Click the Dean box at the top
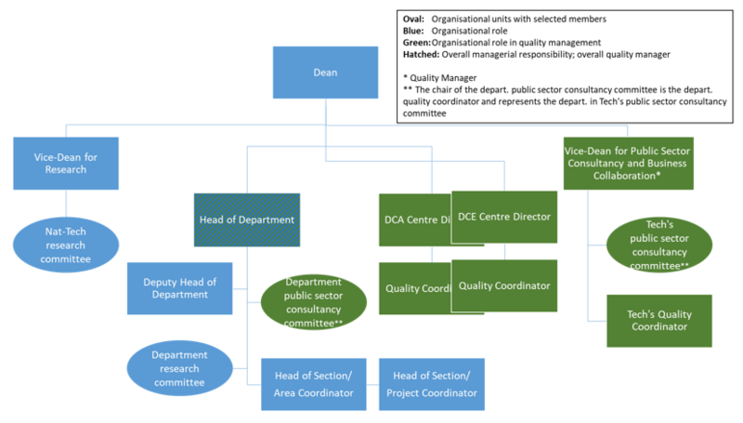325,72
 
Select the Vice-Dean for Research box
65,163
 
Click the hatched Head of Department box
247,219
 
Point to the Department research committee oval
179,367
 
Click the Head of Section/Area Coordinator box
314,385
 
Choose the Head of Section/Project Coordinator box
432,385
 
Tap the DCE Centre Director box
503,217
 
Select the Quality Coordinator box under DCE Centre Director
503,285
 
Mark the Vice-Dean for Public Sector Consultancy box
633,163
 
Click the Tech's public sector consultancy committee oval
659,245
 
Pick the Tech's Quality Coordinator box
659,320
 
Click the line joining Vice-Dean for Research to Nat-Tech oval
65,203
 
